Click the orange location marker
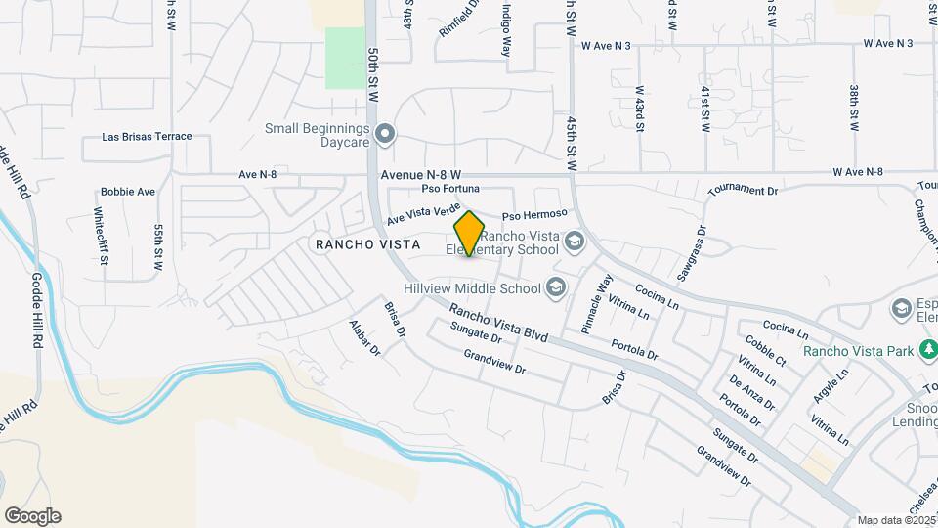(x=469, y=234)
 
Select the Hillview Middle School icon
(x=556, y=286)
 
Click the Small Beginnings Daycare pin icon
(x=385, y=134)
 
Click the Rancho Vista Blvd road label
(x=498, y=325)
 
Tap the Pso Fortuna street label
(x=450, y=188)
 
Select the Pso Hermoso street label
(x=534, y=214)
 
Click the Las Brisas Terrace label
(x=148, y=137)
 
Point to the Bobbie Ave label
(x=128, y=192)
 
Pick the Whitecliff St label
(x=101, y=236)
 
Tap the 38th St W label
(x=853, y=108)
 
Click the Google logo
(x=32, y=516)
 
